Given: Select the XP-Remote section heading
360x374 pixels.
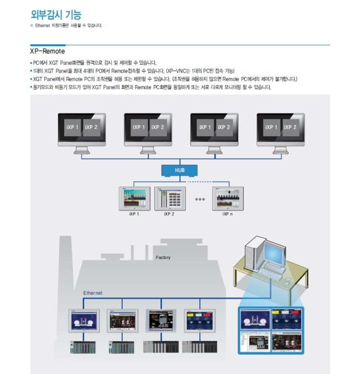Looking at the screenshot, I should click(47, 51).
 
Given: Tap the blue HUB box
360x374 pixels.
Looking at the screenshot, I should click(180, 170).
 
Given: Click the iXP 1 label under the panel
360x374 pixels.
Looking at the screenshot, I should click(133, 213).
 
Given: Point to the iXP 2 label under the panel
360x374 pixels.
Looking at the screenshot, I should click(169, 213).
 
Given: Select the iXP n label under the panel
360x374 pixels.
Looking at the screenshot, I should click(227, 213).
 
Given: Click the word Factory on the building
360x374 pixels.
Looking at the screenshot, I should click(163, 257).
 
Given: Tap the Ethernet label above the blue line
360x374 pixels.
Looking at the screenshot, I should click(93, 293).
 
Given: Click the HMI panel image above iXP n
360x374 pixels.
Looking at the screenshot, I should click(227, 197).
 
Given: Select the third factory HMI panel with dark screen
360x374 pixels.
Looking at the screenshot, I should click(159, 322).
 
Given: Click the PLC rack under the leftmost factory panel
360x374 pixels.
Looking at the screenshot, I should click(82, 347).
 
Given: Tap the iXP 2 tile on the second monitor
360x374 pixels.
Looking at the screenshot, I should click(157, 127).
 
